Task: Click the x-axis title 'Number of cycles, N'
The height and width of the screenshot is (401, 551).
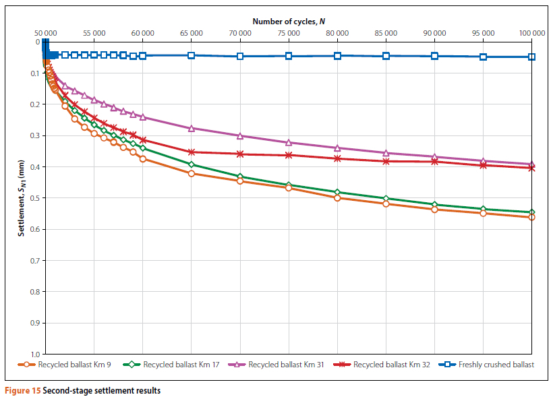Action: (x=289, y=22)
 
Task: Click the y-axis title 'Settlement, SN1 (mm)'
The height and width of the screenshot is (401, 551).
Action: (x=22, y=197)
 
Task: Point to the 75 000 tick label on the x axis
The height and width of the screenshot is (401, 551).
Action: (x=289, y=32)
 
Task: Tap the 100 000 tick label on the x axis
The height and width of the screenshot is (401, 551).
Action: (x=531, y=32)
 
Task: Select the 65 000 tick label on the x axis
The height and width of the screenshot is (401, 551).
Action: (x=192, y=32)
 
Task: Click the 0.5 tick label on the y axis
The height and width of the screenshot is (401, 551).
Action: (x=35, y=198)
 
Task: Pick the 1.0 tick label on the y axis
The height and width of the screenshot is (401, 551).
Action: (x=35, y=354)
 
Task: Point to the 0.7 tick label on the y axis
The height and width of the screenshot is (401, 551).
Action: (x=35, y=260)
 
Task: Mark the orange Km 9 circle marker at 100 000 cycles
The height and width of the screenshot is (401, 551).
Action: (x=531, y=217)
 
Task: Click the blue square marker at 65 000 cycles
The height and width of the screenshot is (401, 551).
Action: (x=192, y=55)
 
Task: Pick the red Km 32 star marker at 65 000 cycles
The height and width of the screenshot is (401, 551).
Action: (x=192, y=152)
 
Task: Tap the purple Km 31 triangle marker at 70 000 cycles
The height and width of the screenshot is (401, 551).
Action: (x=240, y=135)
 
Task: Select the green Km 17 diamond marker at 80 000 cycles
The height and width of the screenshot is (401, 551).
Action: (x=337, y=192)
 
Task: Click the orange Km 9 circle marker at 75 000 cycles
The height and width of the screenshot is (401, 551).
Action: (x=289, y=188)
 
